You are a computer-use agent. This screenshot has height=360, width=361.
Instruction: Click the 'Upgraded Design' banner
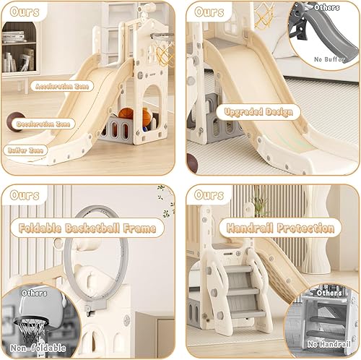tap(257, 112)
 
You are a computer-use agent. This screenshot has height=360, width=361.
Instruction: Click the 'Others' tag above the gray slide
tap(327, 8)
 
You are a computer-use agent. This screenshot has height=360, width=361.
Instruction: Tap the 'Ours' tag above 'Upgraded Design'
tap(209, 13)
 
